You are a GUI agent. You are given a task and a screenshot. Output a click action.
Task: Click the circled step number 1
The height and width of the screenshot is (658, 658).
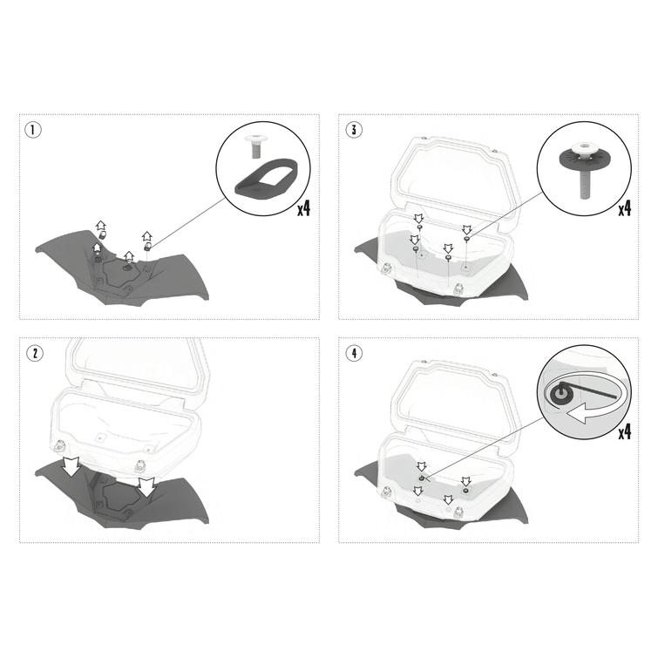33,130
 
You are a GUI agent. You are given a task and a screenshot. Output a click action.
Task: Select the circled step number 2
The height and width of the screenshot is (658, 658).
34,353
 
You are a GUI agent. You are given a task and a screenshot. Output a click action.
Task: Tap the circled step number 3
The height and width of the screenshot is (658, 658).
354,130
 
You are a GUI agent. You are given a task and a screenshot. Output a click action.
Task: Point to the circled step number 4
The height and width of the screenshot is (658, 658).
354,353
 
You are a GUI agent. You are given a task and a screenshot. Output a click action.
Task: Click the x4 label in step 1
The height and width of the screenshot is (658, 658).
304,208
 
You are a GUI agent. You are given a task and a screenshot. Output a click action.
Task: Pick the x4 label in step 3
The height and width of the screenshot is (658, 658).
624,208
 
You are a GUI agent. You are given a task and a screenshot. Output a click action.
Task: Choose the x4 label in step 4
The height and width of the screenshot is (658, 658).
624,432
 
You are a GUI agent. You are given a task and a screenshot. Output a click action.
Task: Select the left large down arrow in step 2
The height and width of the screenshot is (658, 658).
71,466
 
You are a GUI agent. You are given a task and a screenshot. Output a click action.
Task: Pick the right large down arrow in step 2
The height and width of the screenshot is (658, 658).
146,487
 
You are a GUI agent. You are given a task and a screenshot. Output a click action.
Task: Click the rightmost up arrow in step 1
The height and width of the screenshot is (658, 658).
146,237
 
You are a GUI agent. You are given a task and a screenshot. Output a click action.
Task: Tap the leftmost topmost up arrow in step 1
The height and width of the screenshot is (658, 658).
101,226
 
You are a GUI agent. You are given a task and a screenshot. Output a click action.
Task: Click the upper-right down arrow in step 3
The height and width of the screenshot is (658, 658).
466,229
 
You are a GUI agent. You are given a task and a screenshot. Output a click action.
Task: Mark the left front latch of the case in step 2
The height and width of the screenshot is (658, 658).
58,446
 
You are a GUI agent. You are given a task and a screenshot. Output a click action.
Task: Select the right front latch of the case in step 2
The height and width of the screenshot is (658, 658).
139,465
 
